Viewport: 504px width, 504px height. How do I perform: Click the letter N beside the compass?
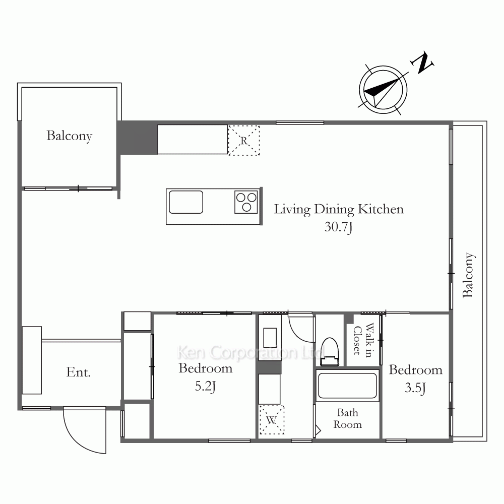(422, 62)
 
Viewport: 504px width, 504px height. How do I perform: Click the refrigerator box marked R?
(243, 141)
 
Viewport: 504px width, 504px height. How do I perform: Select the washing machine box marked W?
(272, 420)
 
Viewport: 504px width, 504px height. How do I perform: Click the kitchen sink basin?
(186, 202)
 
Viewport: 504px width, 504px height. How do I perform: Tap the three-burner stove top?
(246, 202)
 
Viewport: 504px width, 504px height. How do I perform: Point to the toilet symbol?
(330, 352)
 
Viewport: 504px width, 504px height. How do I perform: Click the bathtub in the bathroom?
(347, 386)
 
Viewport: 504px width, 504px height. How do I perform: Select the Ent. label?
(79, 372)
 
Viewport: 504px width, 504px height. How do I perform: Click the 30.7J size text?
(339, 227)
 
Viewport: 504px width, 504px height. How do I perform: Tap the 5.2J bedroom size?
(205, 386)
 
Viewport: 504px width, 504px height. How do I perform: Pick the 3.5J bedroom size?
(415, 388)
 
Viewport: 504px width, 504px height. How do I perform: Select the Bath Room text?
(347, 418)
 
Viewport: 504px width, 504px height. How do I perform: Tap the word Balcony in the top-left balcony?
(70, 136)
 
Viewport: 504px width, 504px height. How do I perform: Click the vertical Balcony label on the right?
(468, 275)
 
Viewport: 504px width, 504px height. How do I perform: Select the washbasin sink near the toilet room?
(270, 337)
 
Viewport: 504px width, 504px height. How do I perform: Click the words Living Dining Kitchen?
(339, 209)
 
